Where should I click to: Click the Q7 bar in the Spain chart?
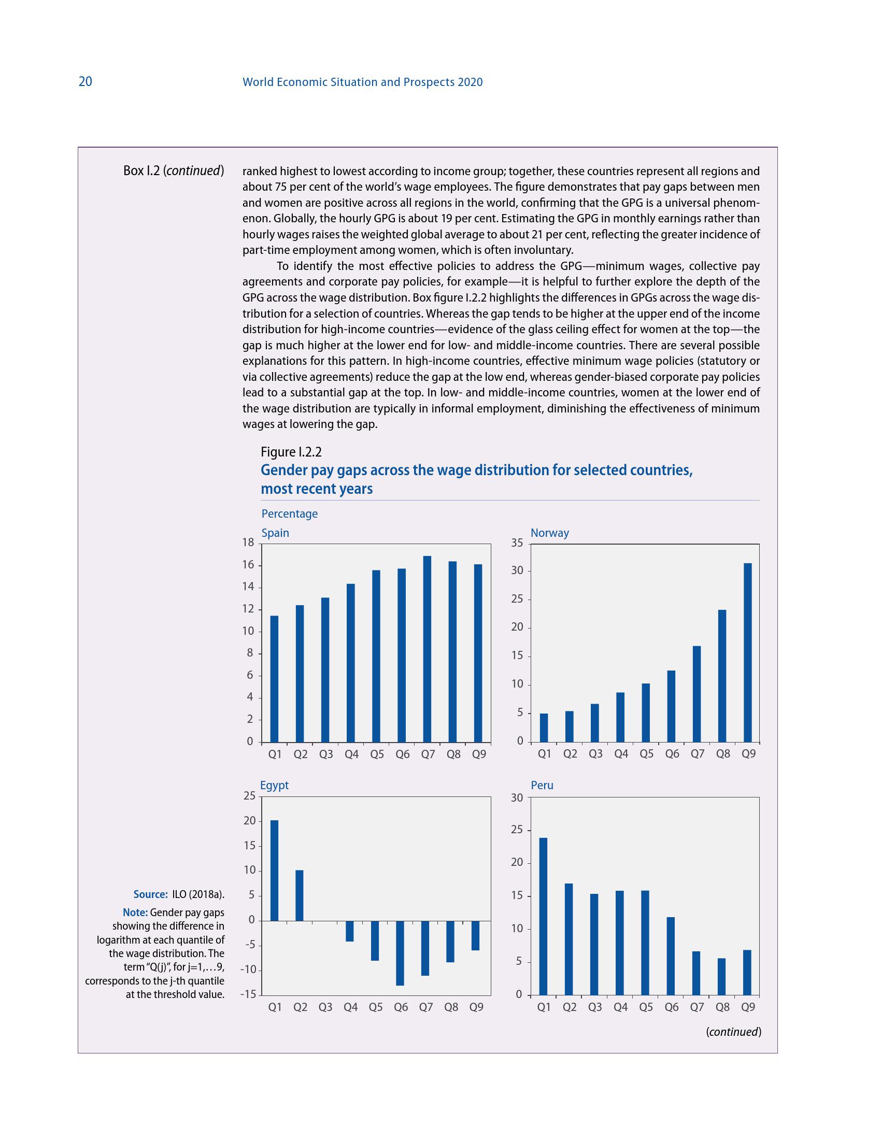click(427, 649)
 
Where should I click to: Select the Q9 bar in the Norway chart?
click(748, 652)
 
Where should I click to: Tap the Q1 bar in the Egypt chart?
click(274, 871)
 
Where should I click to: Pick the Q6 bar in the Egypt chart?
click(400, 953)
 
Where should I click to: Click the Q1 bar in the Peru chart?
click(543, 916)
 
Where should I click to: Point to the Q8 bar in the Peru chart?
click(722, 976)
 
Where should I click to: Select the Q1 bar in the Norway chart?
click(544, 727)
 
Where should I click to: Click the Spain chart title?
click(275, 533)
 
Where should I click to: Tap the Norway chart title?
click(549, 533)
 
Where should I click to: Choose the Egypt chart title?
click(274, 786)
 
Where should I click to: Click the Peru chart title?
click(542, 786)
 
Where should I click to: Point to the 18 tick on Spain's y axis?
click(248, 543)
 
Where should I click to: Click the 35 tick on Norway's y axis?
click(517, 543)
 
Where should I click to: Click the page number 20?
click(85, 81)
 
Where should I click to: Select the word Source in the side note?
click(150, 895)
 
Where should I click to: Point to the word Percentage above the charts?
click(289, 514)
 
